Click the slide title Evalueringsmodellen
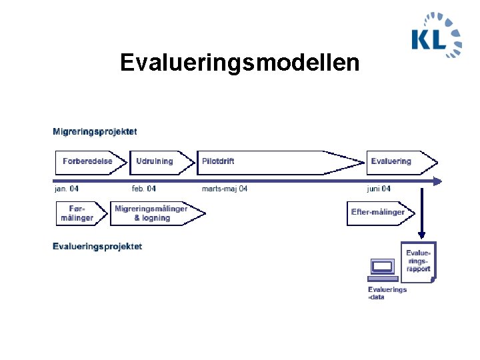(x=239, y=63)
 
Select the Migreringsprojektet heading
(x=95, y=131)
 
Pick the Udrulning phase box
(x=155, y=161)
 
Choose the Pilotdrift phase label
(x=218, y=161)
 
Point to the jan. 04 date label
(x=67, y=189)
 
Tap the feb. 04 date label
(x=144, y=189)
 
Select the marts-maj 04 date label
(x=225, y=189)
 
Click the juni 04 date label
(x=379, y=189)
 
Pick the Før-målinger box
(x=78, y=213)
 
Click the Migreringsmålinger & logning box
(x=152, y=213)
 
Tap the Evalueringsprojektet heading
(x=97, y=247)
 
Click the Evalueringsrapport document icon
(x=418, y=261)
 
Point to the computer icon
(x=382, y=269)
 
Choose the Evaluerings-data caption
(x=387, y=293)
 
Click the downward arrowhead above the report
(x=421, y=235)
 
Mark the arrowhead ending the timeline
(x=437, y=181)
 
